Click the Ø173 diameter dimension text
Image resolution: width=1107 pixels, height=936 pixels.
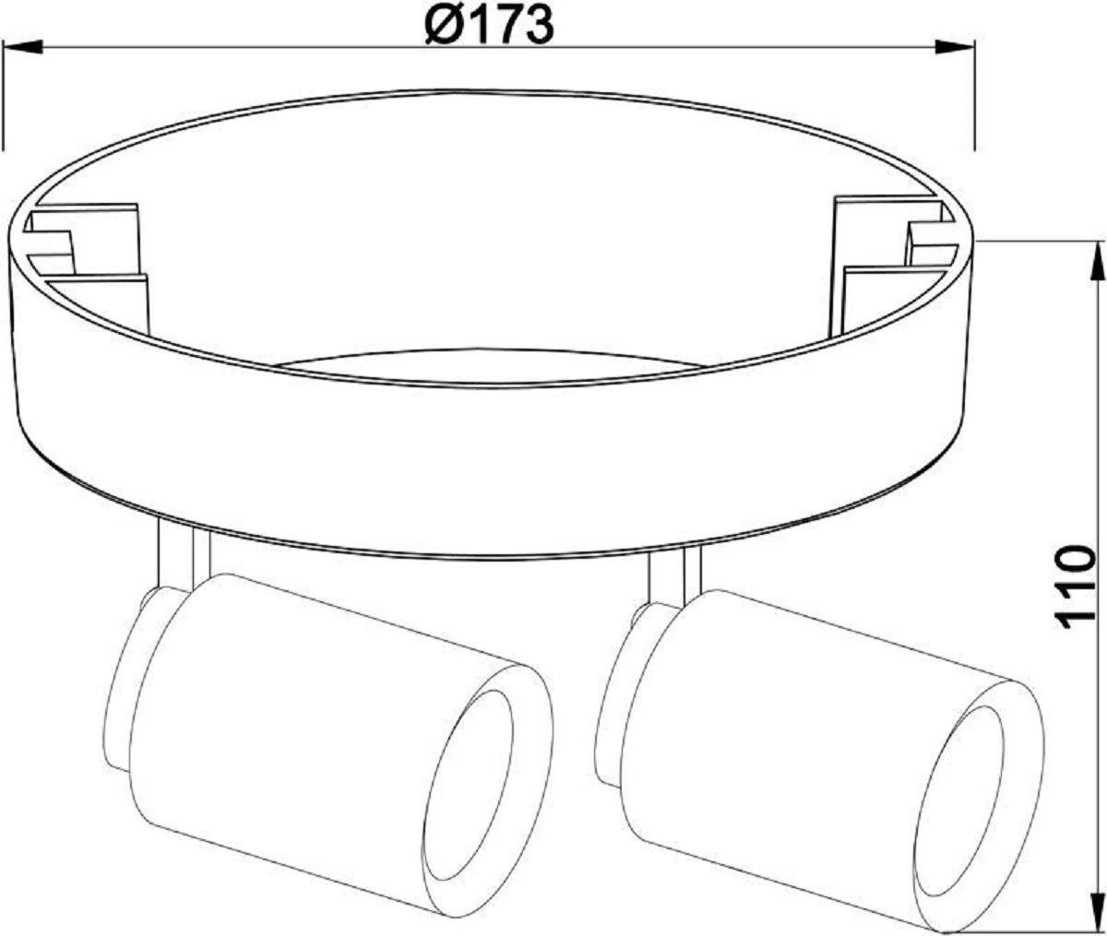489,26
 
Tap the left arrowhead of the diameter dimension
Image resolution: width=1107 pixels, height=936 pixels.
22,47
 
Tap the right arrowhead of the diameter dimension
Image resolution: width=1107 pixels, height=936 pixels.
955,47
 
